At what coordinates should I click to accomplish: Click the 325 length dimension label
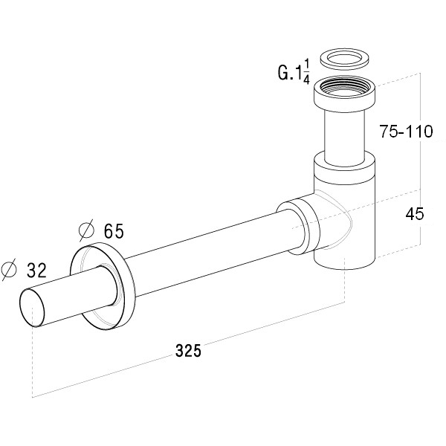(188, 350)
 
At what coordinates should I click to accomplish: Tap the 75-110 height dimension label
(407, 132)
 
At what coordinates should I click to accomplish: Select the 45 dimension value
(415, 214)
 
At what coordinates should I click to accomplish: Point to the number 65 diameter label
(114, 230)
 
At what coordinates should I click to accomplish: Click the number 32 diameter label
(36, 270)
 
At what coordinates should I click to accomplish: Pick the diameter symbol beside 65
(86, 230)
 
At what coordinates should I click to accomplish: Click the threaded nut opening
(344, 86)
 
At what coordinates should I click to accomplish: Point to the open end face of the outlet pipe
(32, 308)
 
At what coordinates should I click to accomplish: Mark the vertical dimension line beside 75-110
(420, 158)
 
